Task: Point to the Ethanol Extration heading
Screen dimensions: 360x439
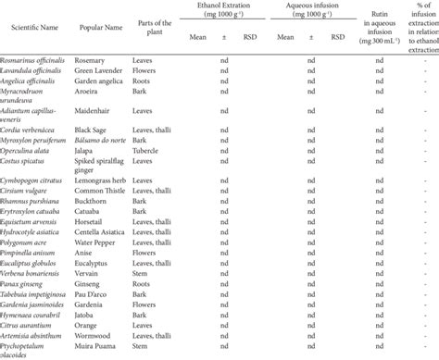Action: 217,6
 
